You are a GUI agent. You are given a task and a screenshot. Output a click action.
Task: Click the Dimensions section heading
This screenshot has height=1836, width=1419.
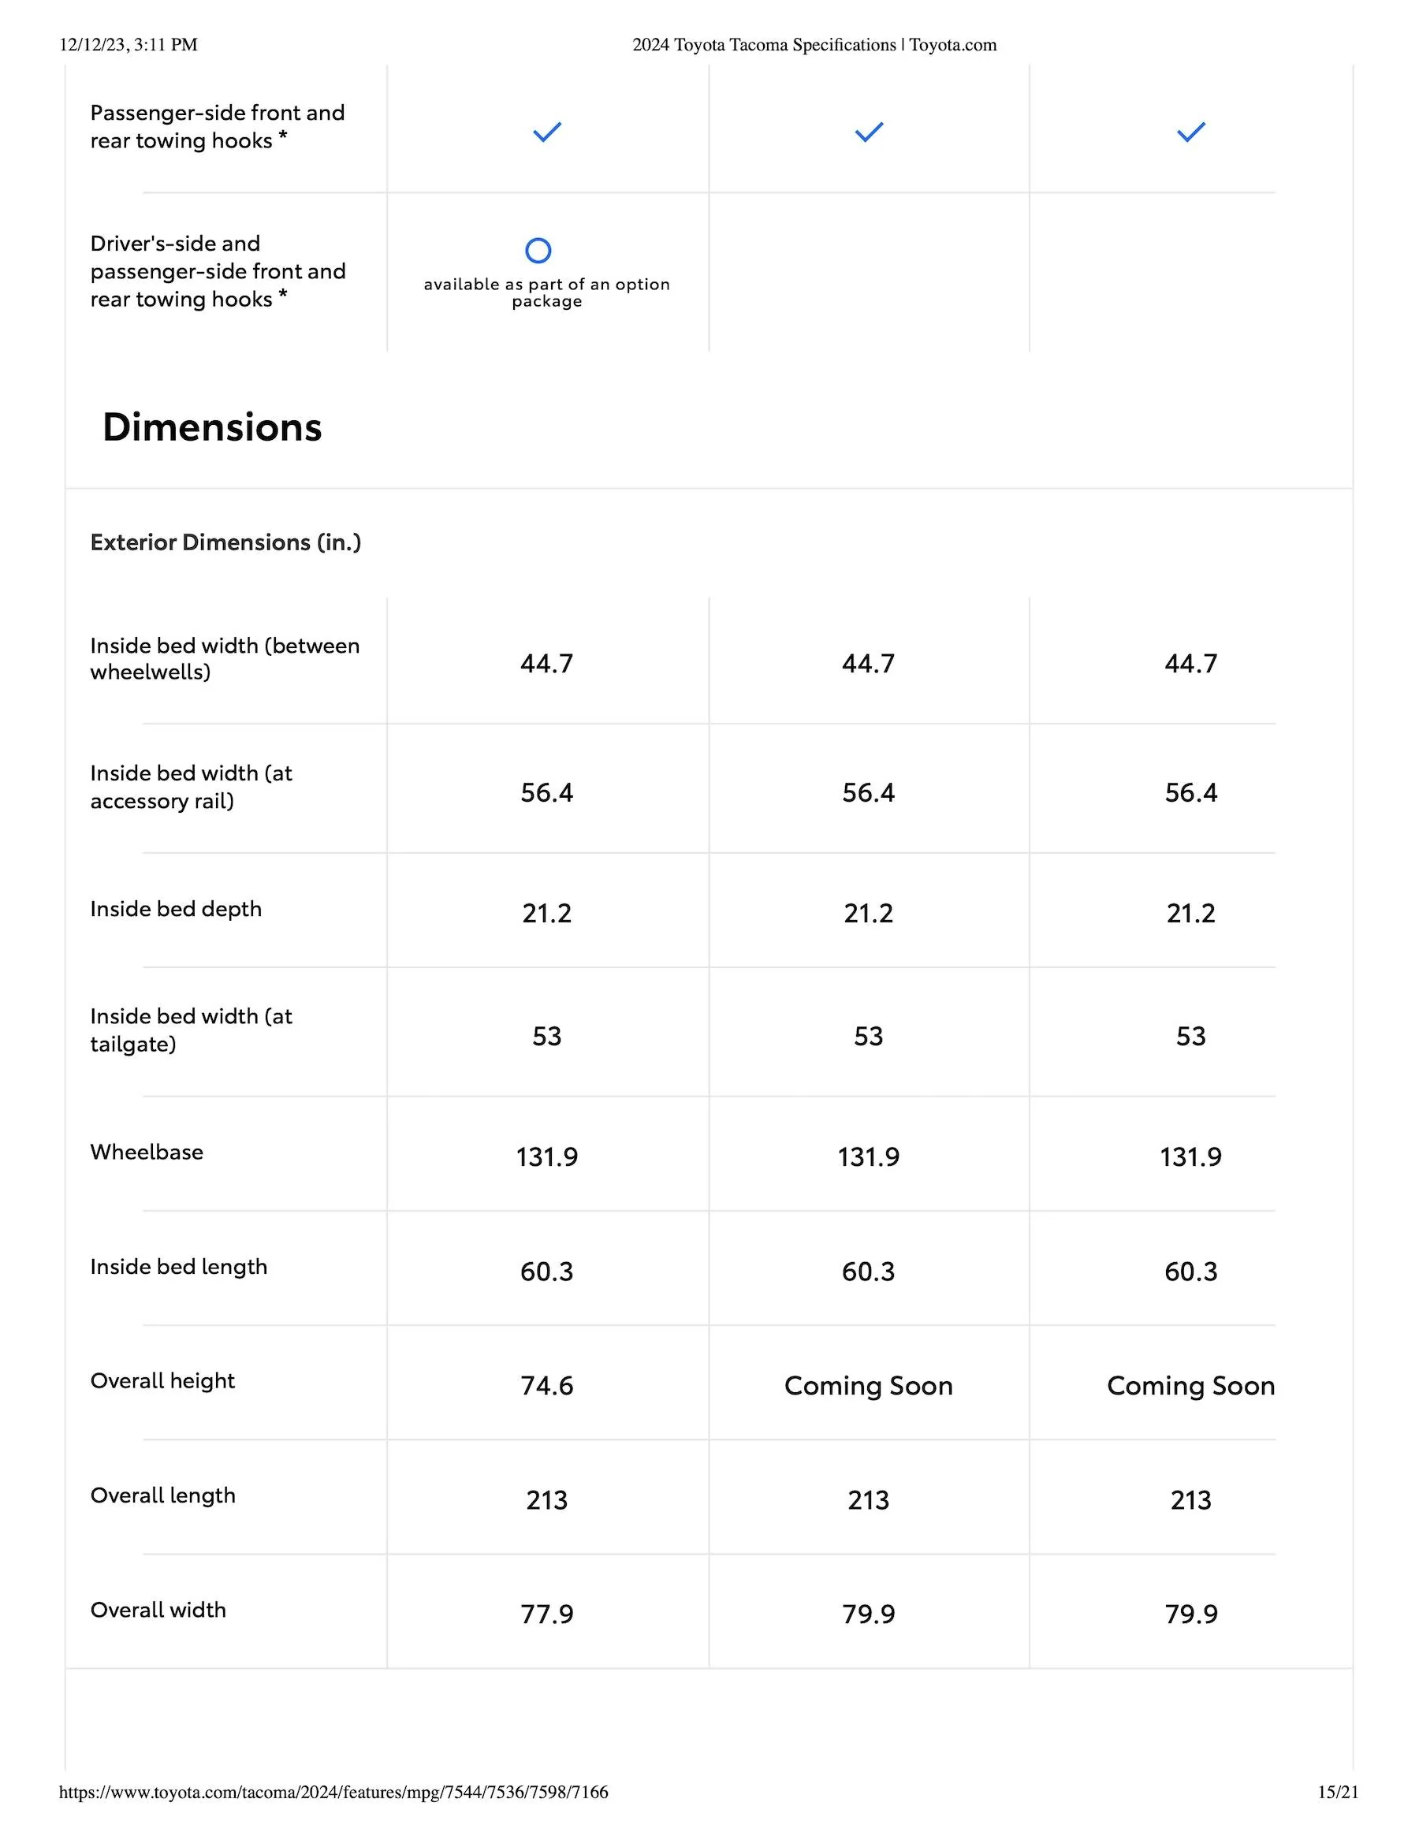point(212,427)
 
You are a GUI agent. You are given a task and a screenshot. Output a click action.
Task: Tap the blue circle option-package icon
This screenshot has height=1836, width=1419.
point(538,251)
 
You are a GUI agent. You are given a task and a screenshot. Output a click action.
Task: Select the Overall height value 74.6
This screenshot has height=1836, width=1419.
point(546,1385)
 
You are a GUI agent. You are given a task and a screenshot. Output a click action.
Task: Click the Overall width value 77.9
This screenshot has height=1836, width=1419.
point(546,1614)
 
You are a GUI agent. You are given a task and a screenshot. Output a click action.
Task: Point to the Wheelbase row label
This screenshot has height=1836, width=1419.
point(147,1152)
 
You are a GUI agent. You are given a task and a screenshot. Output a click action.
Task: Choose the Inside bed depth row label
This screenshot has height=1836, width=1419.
point(176,909)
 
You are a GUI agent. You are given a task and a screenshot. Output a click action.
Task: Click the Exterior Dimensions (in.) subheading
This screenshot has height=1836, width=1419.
point(225,542)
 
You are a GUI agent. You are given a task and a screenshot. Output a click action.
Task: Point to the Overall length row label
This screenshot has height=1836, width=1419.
point(163,1495)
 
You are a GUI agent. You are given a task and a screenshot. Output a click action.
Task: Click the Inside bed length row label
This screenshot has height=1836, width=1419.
point(178,1266)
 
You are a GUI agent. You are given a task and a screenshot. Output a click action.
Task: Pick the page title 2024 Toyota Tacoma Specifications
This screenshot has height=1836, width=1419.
point(763,45)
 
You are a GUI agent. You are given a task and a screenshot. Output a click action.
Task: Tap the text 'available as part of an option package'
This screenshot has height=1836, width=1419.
point(546,292)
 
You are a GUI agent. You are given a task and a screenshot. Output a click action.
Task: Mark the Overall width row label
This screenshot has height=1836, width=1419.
point(158,1609)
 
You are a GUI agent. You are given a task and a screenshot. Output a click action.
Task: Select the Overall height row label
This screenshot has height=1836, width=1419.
point(162,1380)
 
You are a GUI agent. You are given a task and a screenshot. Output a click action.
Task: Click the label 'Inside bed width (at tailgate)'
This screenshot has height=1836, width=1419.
point(191,1030)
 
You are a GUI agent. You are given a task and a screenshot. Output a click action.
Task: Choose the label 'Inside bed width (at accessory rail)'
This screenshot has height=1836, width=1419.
point(191,787)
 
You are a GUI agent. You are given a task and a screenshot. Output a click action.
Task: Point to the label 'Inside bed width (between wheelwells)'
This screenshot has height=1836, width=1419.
point(225,658)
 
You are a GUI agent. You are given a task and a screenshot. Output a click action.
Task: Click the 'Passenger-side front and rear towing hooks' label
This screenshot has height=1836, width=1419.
point(217,126)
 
